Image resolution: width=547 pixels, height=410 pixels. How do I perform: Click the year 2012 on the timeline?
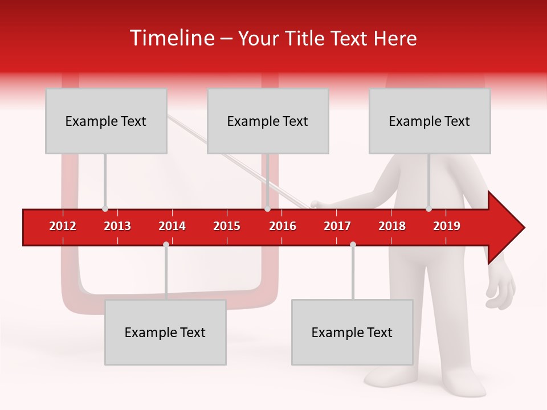63,226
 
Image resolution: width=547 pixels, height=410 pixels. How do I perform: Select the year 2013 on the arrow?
117,226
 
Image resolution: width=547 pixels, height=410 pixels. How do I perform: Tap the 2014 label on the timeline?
172,226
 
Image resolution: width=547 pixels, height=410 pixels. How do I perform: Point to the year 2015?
227,226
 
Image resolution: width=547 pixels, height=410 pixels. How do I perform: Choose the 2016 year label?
283,226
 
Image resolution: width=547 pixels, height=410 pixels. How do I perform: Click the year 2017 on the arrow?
337,226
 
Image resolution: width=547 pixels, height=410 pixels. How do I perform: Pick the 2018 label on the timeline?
392,226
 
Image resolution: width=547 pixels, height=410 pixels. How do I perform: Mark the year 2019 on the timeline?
447,226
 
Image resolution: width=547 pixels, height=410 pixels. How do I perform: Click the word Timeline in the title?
171,38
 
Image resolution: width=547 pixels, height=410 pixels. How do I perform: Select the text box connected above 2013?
106,121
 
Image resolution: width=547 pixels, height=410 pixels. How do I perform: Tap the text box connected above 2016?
268,121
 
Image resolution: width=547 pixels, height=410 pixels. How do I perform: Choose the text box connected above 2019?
430,121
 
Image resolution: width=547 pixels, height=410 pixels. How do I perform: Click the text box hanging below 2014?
165,332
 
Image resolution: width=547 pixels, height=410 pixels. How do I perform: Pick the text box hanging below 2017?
352,332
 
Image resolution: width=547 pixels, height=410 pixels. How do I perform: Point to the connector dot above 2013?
105,208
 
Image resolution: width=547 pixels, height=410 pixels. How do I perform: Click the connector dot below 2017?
353,245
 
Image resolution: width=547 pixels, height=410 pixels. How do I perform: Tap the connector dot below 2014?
166,245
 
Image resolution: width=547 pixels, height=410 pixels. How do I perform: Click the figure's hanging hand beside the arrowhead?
501,290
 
